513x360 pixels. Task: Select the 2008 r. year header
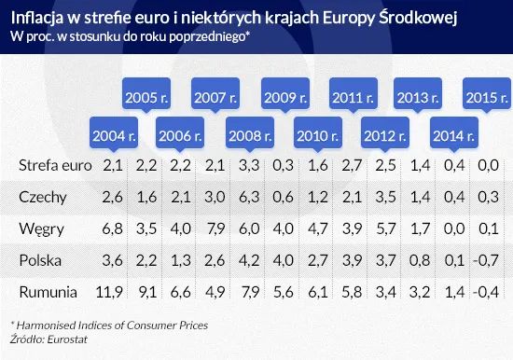point(251,135)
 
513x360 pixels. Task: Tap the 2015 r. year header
point(487,97)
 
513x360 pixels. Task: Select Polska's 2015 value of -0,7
point(486,260)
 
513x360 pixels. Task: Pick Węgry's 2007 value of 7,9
point(215,228)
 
